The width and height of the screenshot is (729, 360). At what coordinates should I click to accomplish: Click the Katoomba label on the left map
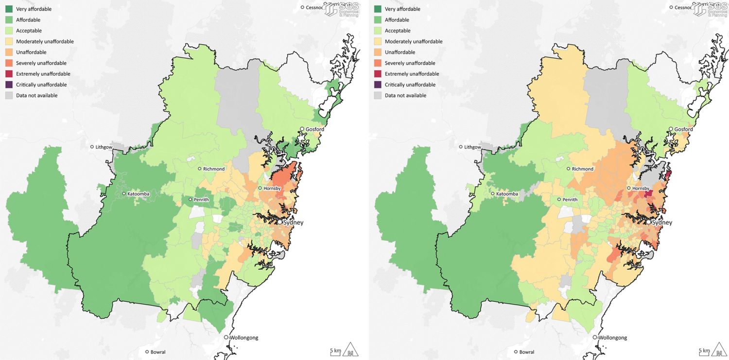point(139,194)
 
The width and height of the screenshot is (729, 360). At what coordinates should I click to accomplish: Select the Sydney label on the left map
point(294,222)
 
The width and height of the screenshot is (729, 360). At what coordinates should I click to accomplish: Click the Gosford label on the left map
point(314,129)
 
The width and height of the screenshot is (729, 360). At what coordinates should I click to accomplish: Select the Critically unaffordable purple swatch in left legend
point(9,85)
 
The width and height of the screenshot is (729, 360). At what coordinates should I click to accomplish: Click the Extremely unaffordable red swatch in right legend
point(378,74)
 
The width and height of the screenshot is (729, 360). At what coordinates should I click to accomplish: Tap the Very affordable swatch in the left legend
point(9,9)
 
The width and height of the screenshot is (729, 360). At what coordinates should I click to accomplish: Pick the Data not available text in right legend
point(405,95)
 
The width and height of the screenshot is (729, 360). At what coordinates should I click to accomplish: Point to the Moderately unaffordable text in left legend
point(45,41)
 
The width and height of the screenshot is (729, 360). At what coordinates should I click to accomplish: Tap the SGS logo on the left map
point(342,9)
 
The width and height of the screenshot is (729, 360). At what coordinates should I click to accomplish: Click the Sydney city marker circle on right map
point(649,222)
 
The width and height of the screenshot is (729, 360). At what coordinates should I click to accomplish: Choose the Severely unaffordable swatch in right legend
point(378,63)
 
